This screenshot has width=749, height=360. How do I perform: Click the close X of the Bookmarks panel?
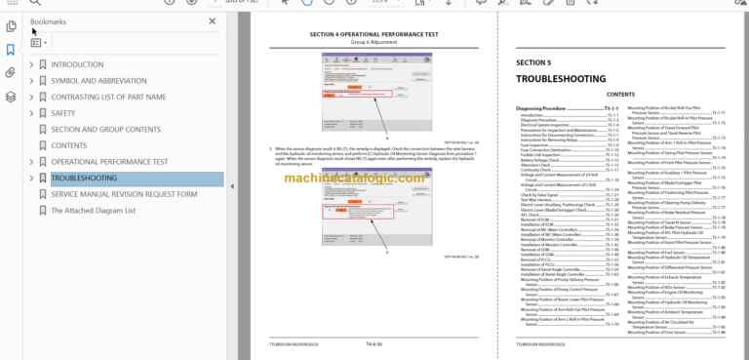(x=213, y=20)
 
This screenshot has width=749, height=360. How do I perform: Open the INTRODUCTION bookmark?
(x=77, y=65)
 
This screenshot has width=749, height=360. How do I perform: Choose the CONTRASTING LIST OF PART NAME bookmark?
(x=108, y=98)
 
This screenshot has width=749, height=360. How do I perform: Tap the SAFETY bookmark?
(x=63, y=113)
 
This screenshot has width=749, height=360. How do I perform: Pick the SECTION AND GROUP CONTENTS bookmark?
(x=106, y=130)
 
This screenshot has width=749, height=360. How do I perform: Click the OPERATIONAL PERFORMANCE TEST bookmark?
(x=109, y=162)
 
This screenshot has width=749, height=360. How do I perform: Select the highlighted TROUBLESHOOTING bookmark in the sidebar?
(x=84, y=179)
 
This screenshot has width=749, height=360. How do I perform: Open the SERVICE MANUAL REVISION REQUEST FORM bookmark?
(x=124, y=194)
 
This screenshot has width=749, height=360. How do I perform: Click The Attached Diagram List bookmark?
(x=93, y=211)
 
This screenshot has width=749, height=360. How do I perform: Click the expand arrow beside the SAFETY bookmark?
(x=31, y=113)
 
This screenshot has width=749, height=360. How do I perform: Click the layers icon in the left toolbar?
(x=10, y=97)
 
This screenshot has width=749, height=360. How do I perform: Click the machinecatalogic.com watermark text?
(x=371, y=179)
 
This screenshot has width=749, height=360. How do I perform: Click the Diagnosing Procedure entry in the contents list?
(x=550, y=108)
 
